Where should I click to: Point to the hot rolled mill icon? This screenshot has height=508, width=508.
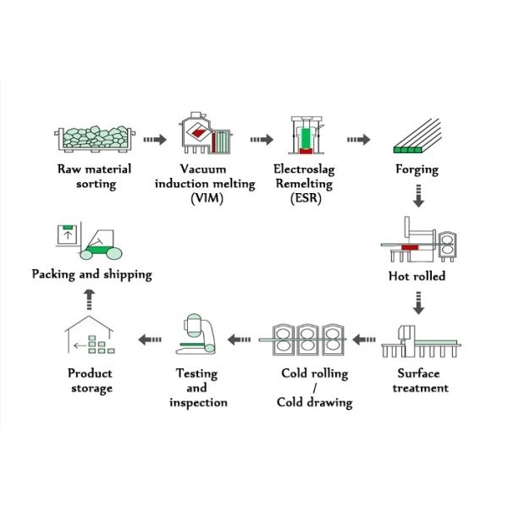[418, 243]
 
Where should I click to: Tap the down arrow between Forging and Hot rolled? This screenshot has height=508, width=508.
[417, 197]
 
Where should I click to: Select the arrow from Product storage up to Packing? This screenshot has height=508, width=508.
[91, 294]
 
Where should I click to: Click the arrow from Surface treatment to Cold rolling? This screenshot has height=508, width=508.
[364, 340]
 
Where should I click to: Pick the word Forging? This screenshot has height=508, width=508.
[417, 169]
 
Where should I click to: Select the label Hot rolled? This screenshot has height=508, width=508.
[417, 276]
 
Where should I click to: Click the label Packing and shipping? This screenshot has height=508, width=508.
[91, 274]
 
